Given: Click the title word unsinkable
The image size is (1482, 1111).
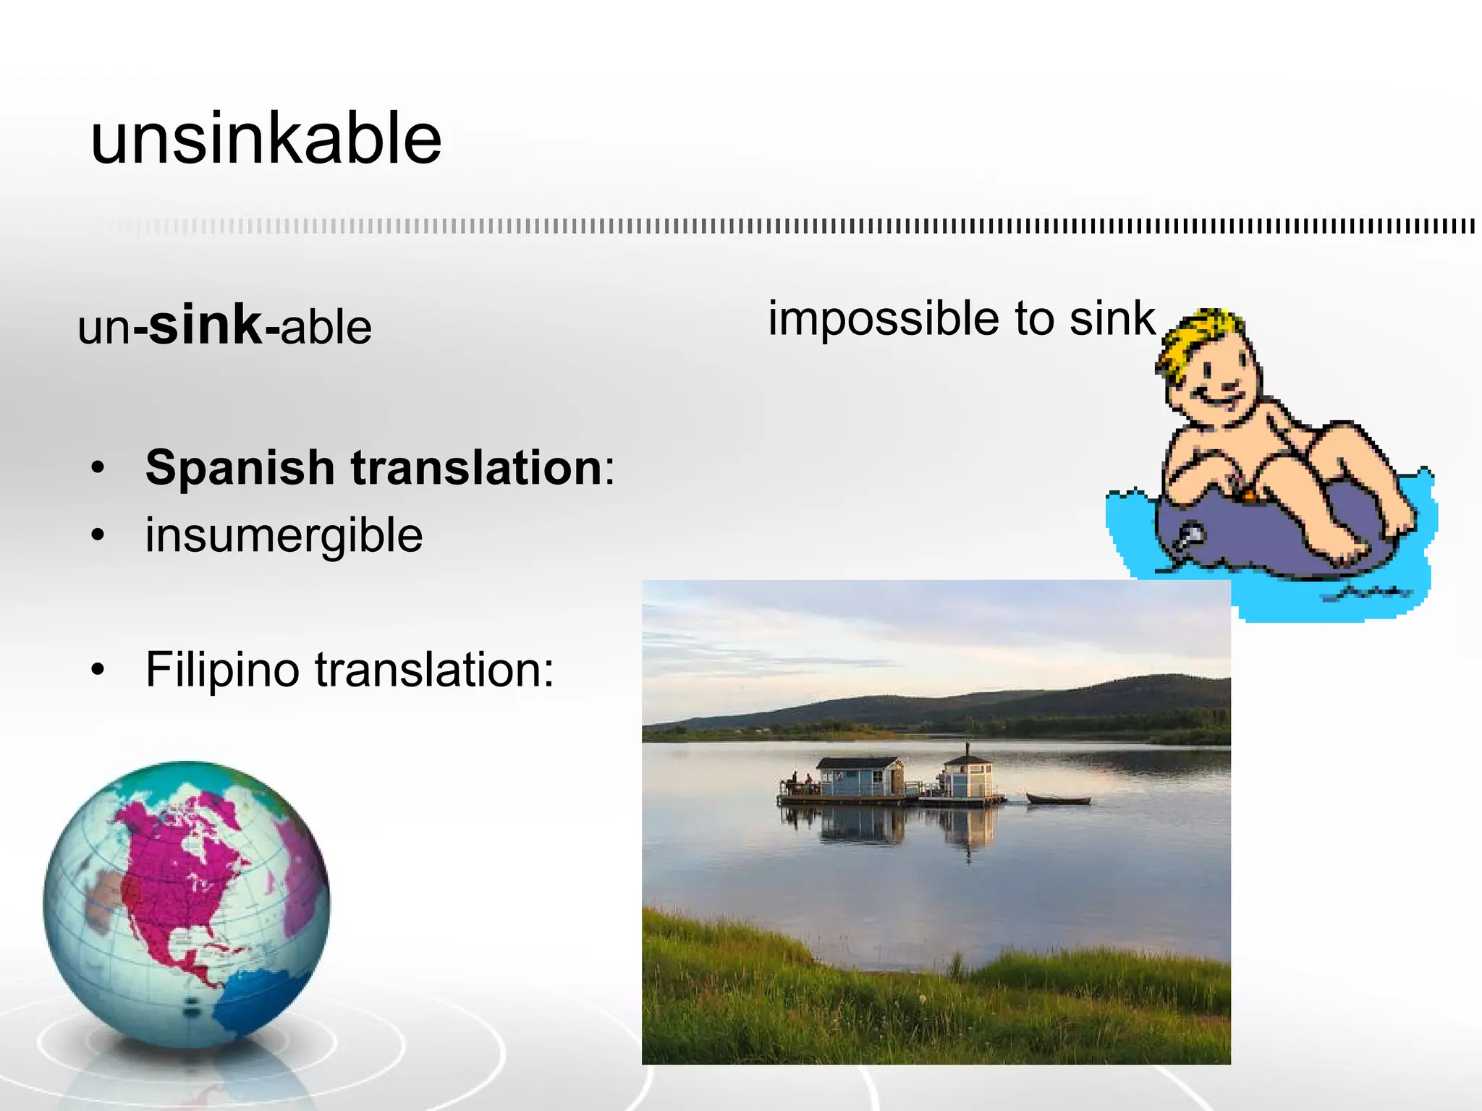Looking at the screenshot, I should pos(266,139).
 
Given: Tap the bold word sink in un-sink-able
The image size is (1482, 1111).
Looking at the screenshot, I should pos(206,325).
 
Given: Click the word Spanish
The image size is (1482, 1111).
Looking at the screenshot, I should pos(240,468).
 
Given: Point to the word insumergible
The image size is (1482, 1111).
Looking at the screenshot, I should pos(284,536).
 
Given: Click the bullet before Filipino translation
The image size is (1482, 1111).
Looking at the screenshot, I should pos(98,671).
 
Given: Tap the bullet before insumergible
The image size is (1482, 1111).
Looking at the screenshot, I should pos(98,536).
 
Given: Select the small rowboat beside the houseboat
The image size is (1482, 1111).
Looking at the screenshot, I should pos(1058,799).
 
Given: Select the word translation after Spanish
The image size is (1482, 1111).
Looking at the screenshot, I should pos(478,468).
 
